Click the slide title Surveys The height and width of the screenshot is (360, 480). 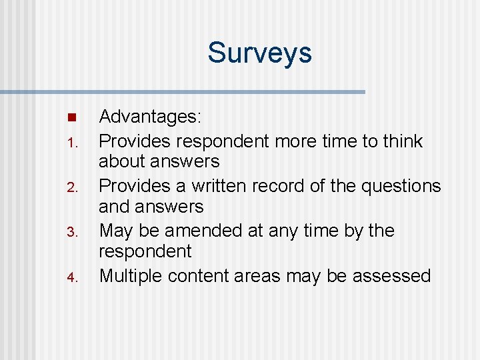tap(259, 53)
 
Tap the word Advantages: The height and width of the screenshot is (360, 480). tap(150, 117)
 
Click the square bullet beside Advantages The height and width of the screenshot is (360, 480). tap(73, 118)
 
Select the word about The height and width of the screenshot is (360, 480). tap(123, 161)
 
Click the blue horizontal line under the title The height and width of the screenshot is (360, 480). tap(183, 91)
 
